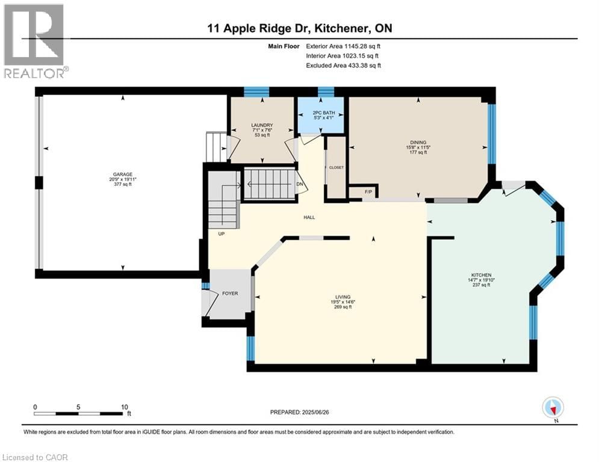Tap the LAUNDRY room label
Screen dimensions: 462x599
262,125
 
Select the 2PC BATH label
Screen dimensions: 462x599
321,112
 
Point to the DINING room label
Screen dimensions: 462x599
417,143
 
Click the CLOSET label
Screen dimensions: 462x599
336,167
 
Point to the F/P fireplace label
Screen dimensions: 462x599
369,192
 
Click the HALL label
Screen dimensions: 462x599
309,218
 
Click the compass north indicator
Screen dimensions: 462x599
552,408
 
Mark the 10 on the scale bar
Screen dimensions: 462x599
124,407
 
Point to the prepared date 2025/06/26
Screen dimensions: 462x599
306,412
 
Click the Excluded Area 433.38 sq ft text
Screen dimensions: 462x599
343,65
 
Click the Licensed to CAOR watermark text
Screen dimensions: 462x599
35,457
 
